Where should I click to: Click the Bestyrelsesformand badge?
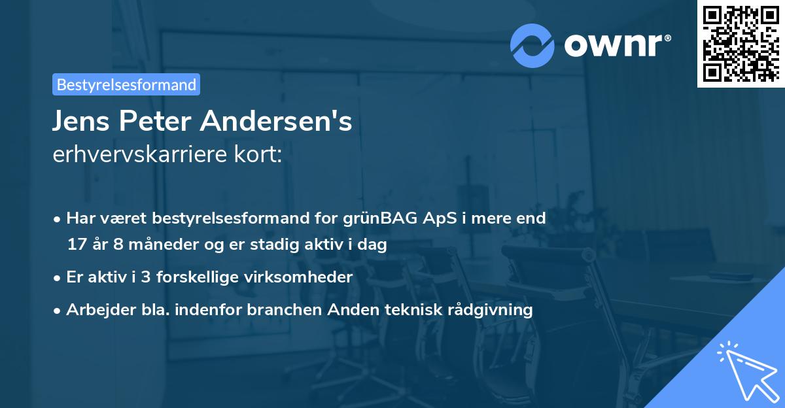[x=126, y=84]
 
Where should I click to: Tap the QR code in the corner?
[x=741, y=43]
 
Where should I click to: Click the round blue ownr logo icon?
[x=532, y=44]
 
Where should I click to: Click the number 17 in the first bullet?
[x=76, y=245]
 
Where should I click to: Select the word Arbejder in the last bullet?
[x=96, y=309]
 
